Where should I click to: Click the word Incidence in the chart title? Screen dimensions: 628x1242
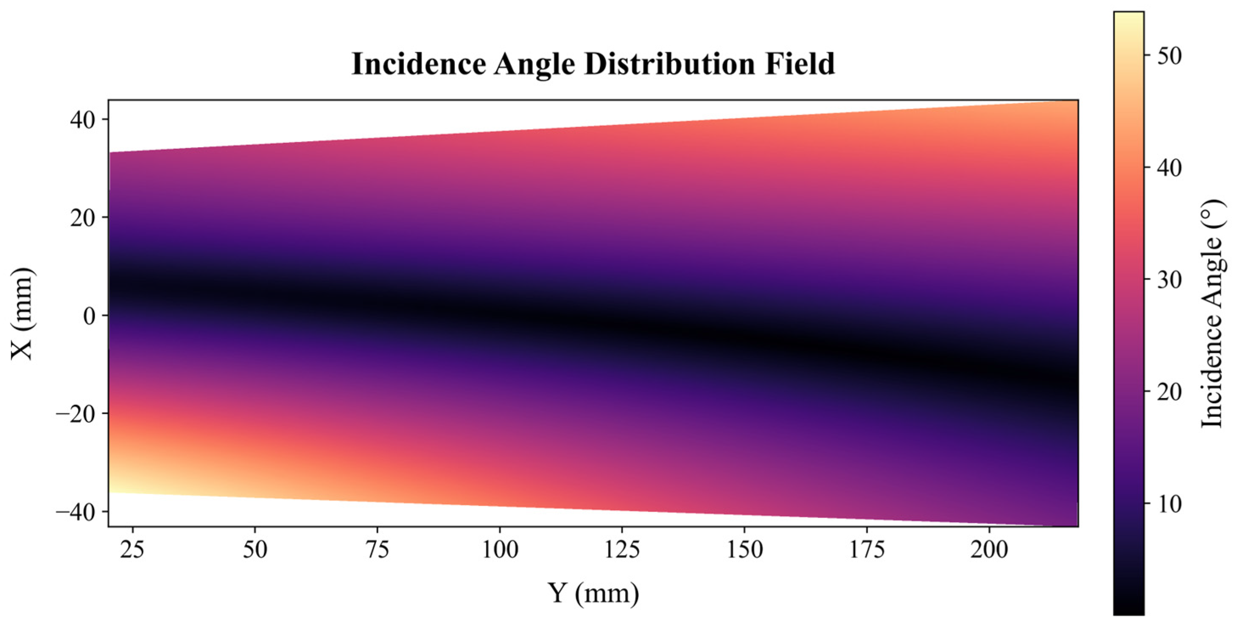pos(419,64)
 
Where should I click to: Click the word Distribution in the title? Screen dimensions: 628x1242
pos(669,64)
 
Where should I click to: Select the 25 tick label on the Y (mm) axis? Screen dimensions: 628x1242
pos(132,549)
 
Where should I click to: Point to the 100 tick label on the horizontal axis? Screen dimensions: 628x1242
pos(500,549)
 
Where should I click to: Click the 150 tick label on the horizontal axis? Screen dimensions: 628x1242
pos(744,549)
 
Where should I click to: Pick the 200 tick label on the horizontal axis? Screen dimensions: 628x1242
pos(989,549)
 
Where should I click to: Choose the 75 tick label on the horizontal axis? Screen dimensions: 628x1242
pos(377,549)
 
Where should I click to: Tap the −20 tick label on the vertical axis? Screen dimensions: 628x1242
pos(75,414)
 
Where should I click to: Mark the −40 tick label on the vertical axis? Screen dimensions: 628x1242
pos(75,512)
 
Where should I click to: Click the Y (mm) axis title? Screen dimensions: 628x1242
pos(593,593)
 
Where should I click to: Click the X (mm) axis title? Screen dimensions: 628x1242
pos(22,314)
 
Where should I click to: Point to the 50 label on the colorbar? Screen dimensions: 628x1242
pos(1169,56)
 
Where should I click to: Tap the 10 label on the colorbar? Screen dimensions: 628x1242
pos(1169,505)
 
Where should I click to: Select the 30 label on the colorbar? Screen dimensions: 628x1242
pos(1169,280)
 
